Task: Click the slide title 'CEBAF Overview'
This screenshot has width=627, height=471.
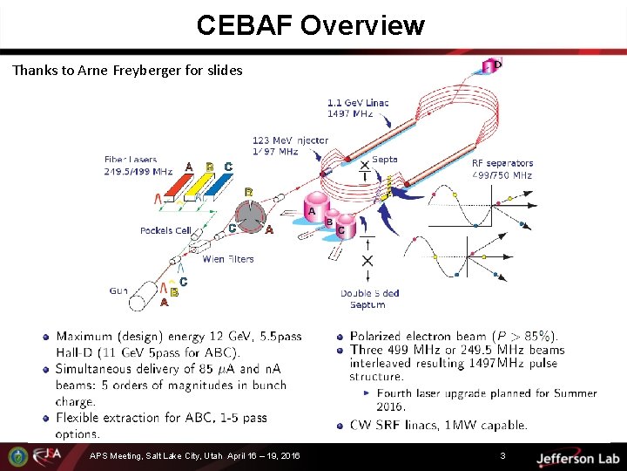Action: [310, 25]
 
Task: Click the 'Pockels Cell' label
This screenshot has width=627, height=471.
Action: [165, 230]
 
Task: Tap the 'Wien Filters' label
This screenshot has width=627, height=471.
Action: [228, 258]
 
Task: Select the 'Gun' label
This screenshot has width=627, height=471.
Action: [118, 290]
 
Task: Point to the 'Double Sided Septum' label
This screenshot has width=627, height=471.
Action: [369, 298]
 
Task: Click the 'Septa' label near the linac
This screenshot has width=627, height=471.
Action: [384, 160]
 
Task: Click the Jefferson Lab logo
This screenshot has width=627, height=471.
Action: [576, 458]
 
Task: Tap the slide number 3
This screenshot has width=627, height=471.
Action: [502, 456]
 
